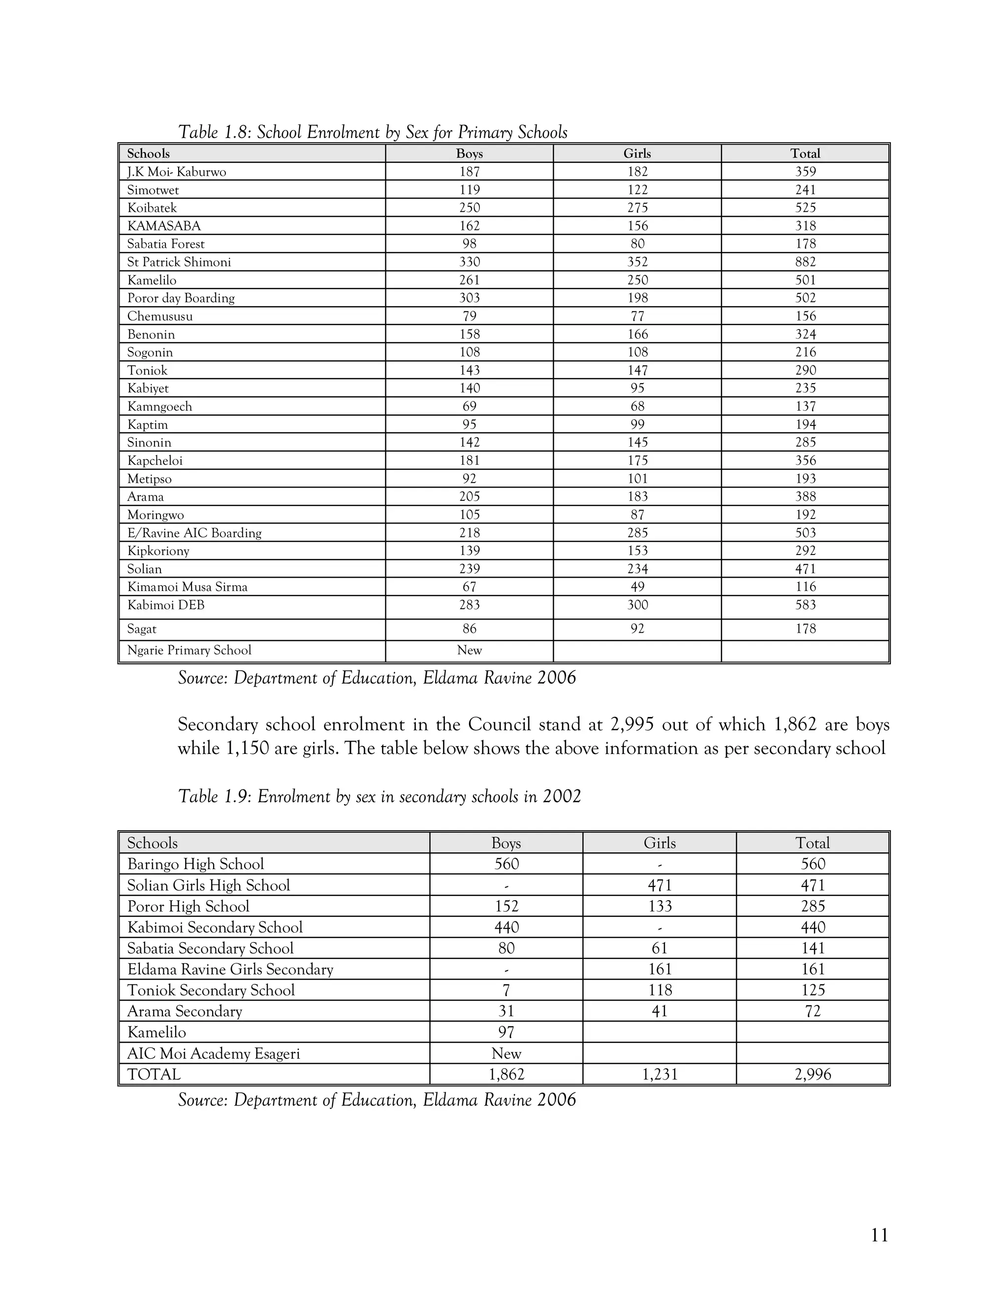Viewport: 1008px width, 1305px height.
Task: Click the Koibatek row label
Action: [152, 208]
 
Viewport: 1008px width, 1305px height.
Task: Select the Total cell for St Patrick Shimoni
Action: [805, 261]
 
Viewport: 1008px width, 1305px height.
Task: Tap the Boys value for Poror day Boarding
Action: [470, 297]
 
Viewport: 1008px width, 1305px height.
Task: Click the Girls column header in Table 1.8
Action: [637, 154]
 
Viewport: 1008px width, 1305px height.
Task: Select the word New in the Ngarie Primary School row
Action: [470, 650]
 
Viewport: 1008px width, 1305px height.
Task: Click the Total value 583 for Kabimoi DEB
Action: [805, 605]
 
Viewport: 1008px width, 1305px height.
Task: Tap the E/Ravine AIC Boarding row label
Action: [194, 532]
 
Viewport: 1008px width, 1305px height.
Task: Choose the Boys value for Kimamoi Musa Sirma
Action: [470, 587]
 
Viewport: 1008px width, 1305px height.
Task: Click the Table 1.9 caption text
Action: [379, 796]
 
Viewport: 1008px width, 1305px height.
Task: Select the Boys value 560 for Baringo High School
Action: [506, 864]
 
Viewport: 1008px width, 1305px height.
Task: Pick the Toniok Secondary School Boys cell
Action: [506, 990]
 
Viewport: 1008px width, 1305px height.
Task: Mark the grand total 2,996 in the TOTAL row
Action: [813, 1075]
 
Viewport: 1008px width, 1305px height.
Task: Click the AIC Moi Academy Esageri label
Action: [213, 1053]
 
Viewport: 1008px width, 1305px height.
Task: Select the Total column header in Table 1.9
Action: [813, 843]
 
